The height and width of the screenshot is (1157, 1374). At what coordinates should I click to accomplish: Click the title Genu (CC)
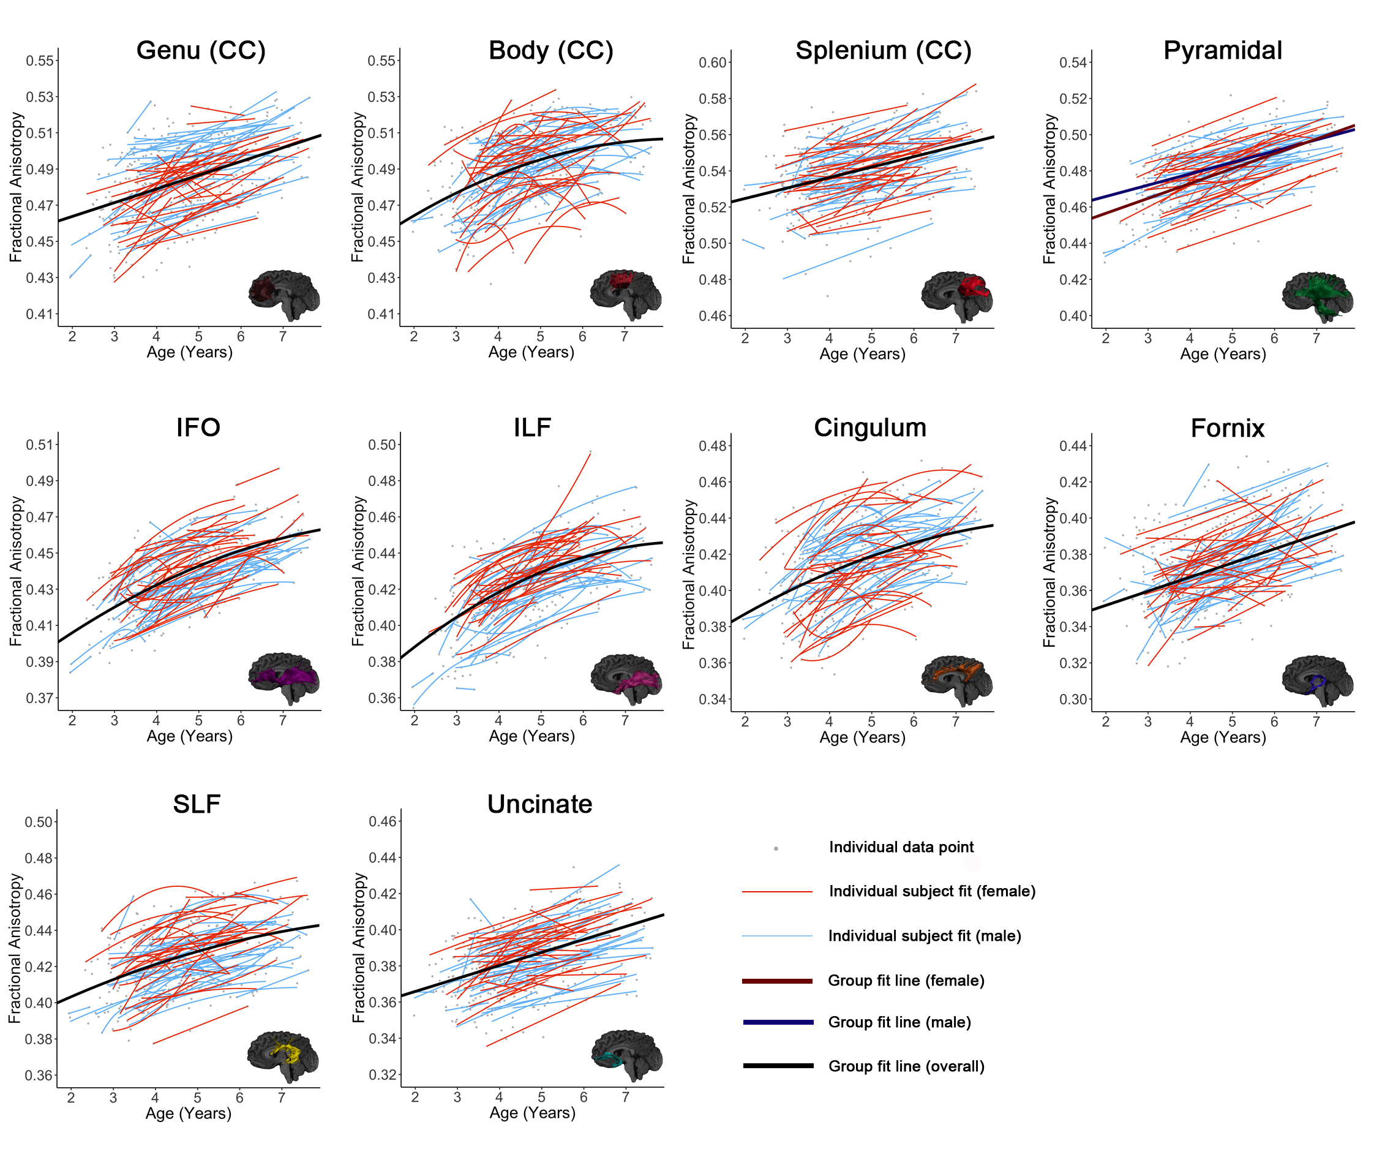[201, 50]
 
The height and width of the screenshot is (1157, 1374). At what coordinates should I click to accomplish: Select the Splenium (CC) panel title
[882, 50]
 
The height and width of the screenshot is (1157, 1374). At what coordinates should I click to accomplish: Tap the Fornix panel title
[1227, 428]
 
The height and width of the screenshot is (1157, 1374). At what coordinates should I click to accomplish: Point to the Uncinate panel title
[539, 804]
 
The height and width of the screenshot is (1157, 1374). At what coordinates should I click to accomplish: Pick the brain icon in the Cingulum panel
[956, 681]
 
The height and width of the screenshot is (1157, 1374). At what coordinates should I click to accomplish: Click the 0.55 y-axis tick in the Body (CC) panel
[381, 61]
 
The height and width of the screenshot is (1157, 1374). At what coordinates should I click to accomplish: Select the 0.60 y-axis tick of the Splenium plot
[713, 63]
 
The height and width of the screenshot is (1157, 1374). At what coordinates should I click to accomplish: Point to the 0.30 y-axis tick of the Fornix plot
[1073, 699]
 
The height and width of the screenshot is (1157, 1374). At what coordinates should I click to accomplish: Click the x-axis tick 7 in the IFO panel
[282, 720]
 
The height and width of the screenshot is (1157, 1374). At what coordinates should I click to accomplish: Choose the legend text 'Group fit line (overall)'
[906, 1066]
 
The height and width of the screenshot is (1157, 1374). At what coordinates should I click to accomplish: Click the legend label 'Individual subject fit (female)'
[931, 891]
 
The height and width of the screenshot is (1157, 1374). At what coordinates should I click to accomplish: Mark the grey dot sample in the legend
[776, 849]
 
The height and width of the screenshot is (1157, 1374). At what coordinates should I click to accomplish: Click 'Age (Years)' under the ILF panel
[531, 736]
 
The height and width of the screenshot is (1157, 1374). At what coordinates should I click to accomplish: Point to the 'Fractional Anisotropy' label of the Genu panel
[16, 187]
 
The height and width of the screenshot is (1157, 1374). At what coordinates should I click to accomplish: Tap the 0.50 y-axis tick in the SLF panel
[39, 823]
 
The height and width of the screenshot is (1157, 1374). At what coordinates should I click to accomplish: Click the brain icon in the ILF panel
[626, 679]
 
